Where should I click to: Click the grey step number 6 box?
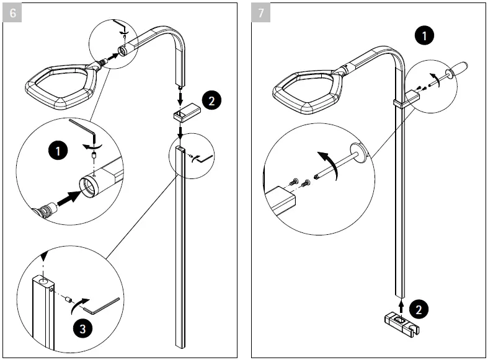(12, 13)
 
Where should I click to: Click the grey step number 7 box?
(261, 13)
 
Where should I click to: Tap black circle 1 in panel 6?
(57, 149)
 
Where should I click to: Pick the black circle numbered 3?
(81, 329)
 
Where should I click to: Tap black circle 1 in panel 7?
(424, 36)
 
